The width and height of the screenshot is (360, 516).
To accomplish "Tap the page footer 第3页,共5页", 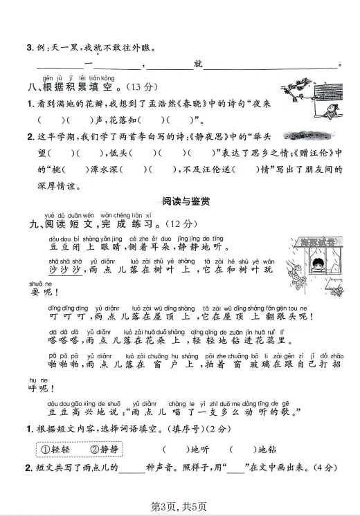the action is (179, 506).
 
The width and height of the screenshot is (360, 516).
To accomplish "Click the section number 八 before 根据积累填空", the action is (30, 88).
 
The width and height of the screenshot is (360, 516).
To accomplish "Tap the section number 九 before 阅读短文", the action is (30, 224).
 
